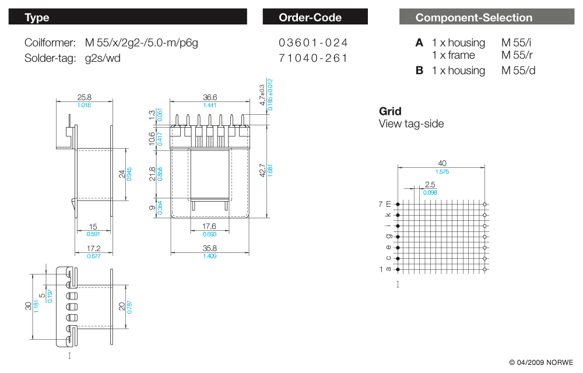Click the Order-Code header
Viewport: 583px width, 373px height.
(x=315, y=17)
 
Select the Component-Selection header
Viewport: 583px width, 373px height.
(x=486, y=17)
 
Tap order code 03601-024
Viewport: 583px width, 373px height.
(x=314, y=43)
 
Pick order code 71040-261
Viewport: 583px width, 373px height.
(x=314, y=58)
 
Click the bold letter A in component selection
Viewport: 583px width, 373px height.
(x=419, y=43)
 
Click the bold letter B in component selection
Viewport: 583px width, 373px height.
(x=419, y=71)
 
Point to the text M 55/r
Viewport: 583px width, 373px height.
(x=517, y=55)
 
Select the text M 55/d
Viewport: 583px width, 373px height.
(x=518, y=71)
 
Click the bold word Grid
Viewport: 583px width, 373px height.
(x=390, y=111)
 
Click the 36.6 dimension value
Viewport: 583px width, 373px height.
(x=210, y=97)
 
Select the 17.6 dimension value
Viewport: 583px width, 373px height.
(x=209, y=226)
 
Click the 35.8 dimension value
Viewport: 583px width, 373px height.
(x=210, y=248)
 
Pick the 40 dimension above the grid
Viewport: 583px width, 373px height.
(x=442, y=164)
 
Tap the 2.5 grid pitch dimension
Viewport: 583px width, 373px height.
(x=430, y=185)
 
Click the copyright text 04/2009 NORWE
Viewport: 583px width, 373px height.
(x=541, y=362)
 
